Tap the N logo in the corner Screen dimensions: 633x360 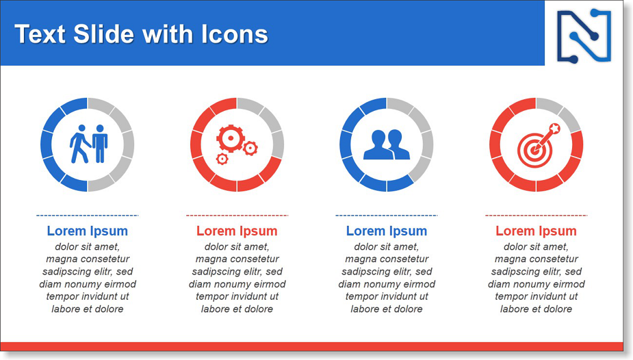click(x=584, y=36)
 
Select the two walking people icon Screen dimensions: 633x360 click(x=88, y=144)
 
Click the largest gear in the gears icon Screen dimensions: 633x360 click(x=231, y=138)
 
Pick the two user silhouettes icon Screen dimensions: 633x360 click(x=387, y=144)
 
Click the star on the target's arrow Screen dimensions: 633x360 click(x=555, y=129)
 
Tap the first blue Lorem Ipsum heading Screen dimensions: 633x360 click(x=87, y=231)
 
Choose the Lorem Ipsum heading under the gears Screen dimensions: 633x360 click(x=237, y=231)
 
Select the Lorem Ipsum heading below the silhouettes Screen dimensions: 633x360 click(x=387, y=231)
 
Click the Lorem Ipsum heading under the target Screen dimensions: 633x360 click(x=536, y=231)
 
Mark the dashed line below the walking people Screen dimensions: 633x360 click(x=87, y=216)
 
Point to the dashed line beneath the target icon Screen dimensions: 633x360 click(x=536, y=216)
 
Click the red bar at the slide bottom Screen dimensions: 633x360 click(x=311, y=347)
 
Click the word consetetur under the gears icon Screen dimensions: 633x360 click(x=253, y=259)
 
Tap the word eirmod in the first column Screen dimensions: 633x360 click(x=120, y=284)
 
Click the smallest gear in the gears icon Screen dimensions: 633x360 click(x=222, y=159)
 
